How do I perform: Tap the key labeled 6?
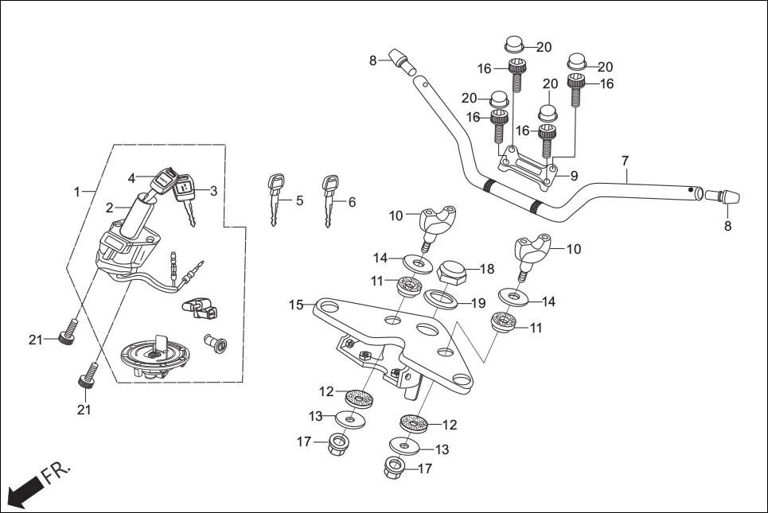point(328,199)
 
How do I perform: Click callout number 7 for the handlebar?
point(626,161)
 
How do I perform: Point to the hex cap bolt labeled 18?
point(453,271)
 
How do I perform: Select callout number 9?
point(574,175)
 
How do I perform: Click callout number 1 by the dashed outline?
point(77,192)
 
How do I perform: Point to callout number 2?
point(110,208)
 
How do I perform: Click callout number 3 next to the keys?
point(213,190)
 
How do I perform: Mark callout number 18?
point(487,270)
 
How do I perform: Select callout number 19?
point(477,303)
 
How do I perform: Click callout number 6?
point(351,202)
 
